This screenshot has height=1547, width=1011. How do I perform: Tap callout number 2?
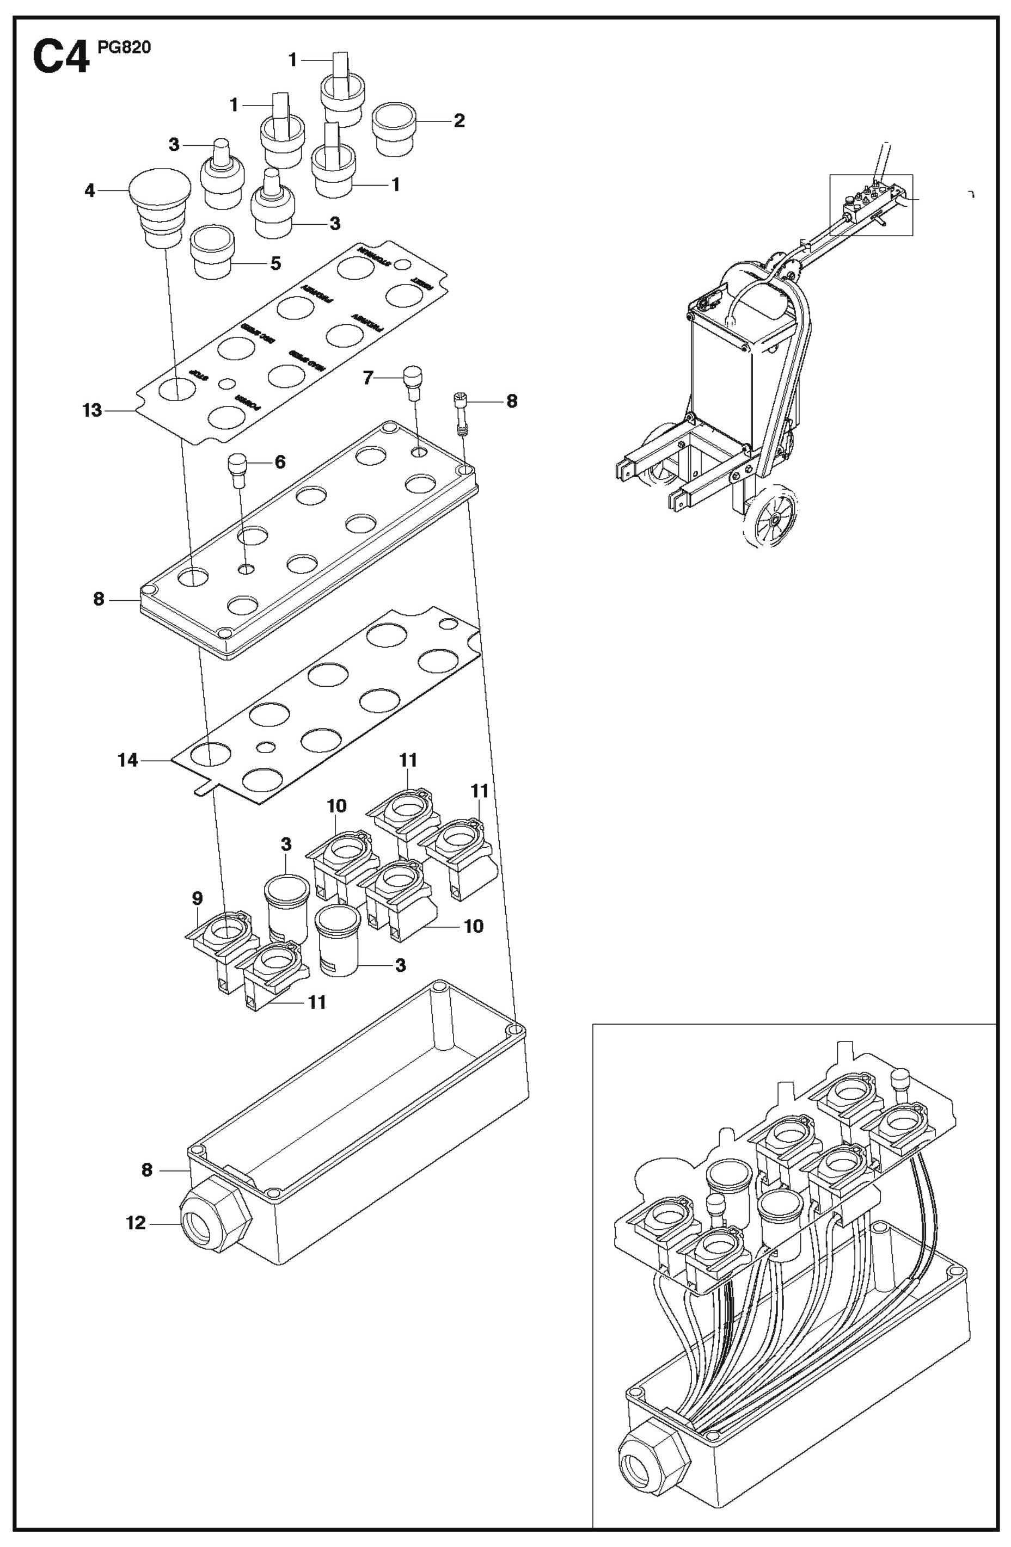click(459, 121)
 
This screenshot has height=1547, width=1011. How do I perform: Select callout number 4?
click(90, 191)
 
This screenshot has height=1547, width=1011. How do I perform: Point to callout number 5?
click(275, 263)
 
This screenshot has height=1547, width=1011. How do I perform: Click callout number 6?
click(280, 462)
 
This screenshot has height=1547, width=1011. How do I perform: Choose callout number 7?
click(368, 378)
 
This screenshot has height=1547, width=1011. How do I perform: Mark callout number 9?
click(197, 898)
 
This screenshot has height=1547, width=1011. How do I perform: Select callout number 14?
click(128, 759)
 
